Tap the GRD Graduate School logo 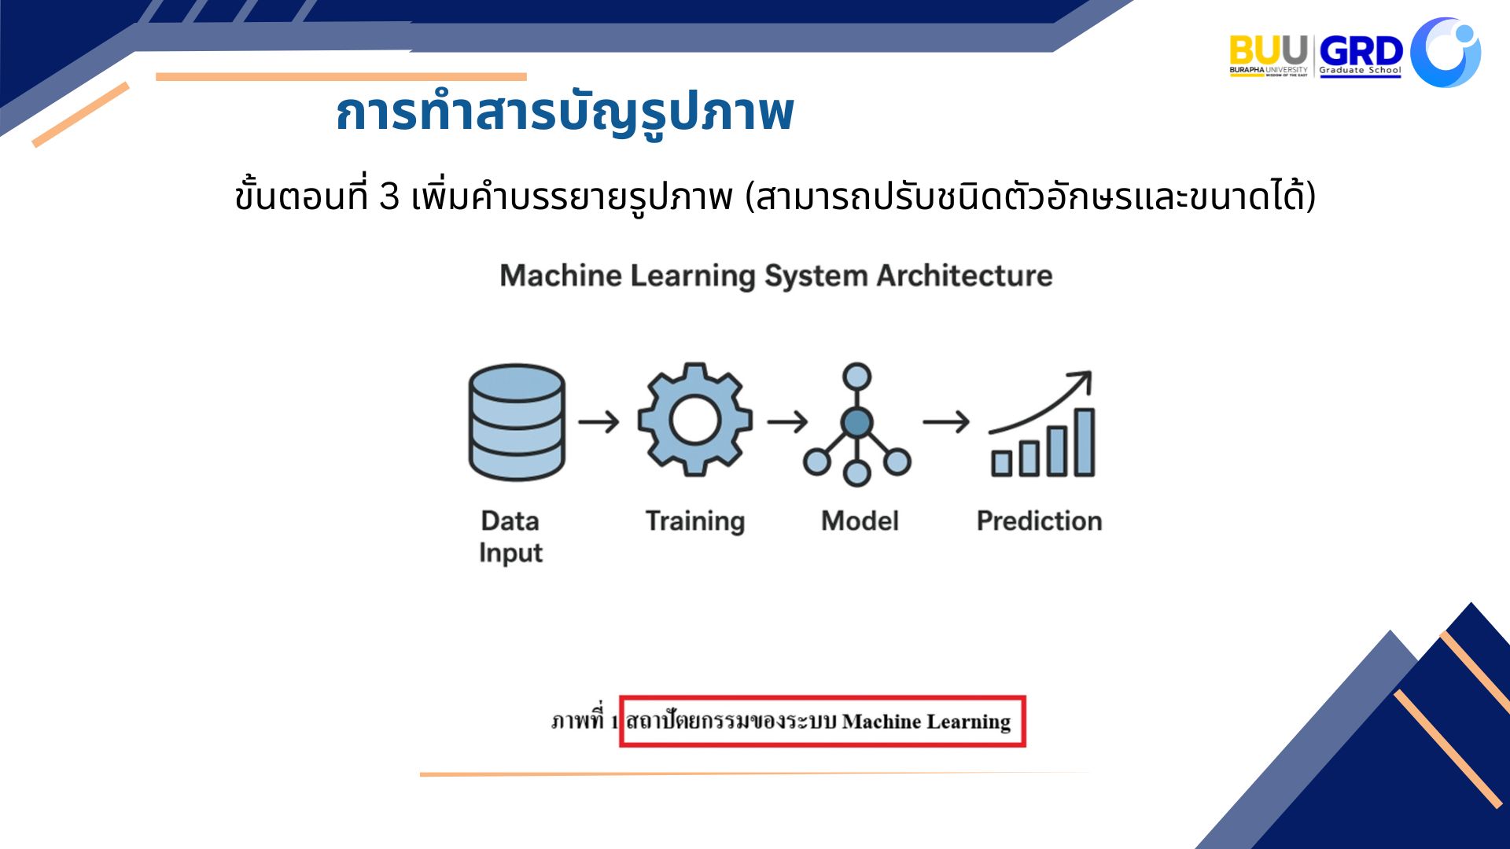click(x=1361, y=56)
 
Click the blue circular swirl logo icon click(x=1446, y=52)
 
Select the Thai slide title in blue click(x=565, y=112)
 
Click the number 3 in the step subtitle click(x=389, y=196)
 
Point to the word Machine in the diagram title click(x=561, y=275)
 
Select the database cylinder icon click(x=517, y=422)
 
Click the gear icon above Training click(x=694, y=420)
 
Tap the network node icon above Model click(x=856, y=424)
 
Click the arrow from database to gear click(x=599, y=422)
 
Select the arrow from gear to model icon click(x=787, y=422)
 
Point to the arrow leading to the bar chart click(x=946, y=422)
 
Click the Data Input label click(x=511, y=537)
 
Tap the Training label click(x=695, y=521)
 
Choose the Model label click(x=860, y=520)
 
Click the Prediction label click(x=1039, y=520)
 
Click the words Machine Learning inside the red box click(x=926, y=722)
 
